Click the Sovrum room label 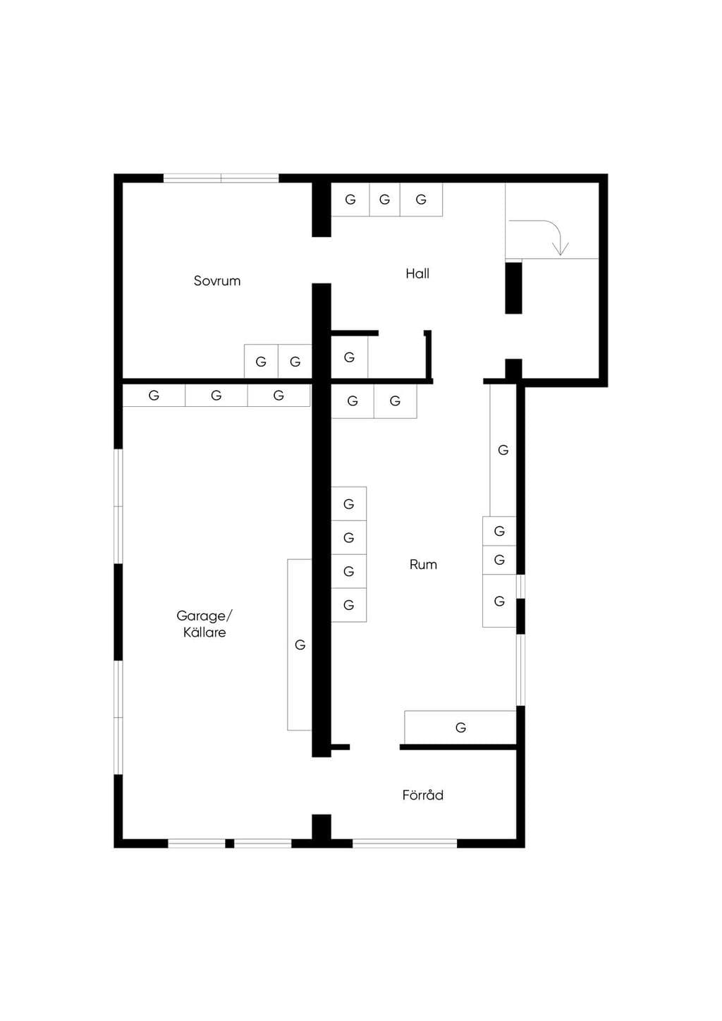(217, 281)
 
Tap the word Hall (417, 274)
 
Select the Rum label (423, 564)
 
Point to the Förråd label (422, 795)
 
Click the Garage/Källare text (204, 623)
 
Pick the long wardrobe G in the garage (300, 644)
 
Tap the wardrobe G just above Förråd (460, 728)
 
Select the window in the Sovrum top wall (221, 178)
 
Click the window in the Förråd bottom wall (405, 843)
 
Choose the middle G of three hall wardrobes (385, 199)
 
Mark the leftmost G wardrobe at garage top (154, 395)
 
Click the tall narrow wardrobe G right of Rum (503, 451)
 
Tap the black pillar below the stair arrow (513, 288)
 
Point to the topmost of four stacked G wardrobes (349, 503)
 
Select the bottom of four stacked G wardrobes (349, 605)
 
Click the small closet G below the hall (349, 357)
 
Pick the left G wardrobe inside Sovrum (261, 362)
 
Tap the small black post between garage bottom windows (230, 843)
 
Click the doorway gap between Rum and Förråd (374, 747)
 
